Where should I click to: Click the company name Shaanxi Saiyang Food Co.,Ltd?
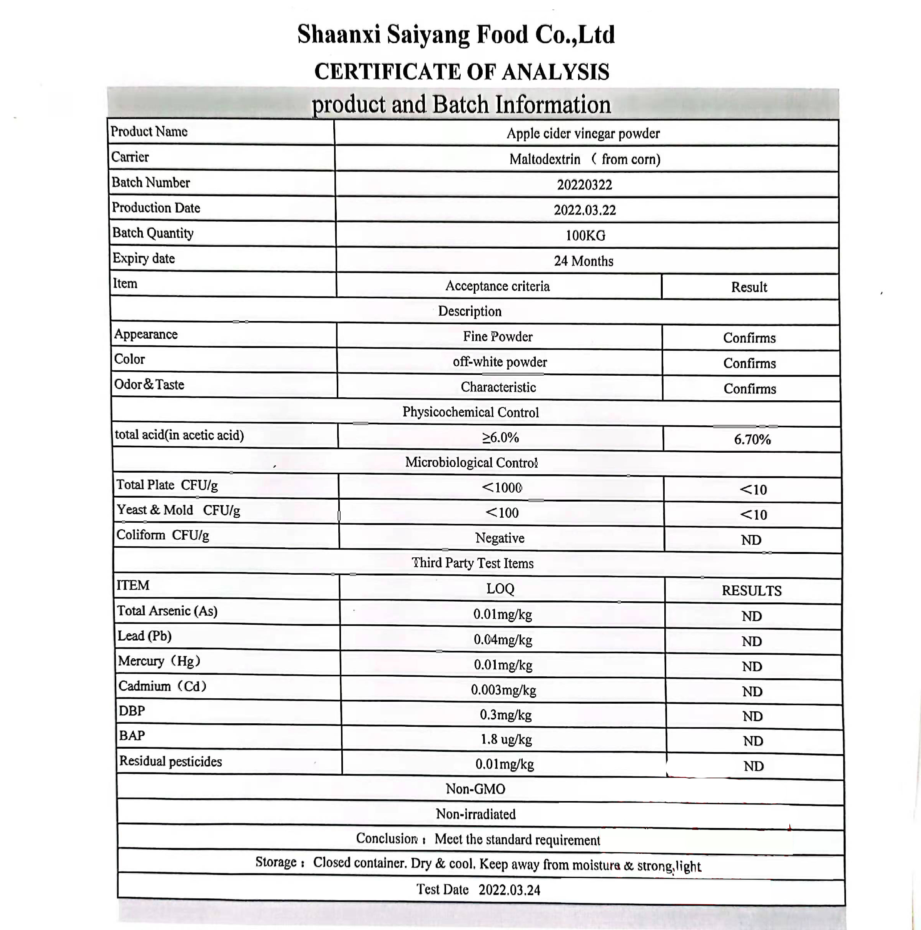pyautogui.click(x=456, y=35)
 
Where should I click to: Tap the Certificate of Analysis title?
pyautogui.click(x=461, y=72)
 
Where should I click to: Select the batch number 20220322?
pyautogui.click(x=584, y=185)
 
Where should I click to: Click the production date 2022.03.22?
pyautogui.click(x=584, y=210)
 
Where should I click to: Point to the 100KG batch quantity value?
pyautogui.click(x=585, y=236)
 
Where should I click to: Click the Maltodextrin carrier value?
pyautogui.click(x=584, y=159)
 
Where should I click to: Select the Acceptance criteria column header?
pyautogui.click(x=497, y=286)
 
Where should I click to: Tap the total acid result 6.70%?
pyautogui.click(x=752, y=439)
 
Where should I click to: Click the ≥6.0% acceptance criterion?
pyautogui.click(x=500, y=438)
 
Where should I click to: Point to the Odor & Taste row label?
pyautogui.click(x=149, y=385)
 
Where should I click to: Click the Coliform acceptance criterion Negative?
pyautogui.click(x=500, y=538)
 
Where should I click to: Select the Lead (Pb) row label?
pyautogui.click(x=144, y=636)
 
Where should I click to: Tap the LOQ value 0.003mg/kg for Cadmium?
pyautogui.click(x=503, y=690)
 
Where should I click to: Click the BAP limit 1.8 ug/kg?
pyautogui.click(x=506, y=739)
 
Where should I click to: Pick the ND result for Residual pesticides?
pyautogui.click(x=753, y=766)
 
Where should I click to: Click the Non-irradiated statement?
pyautogui.click(x=475, y=814)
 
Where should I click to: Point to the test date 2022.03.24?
pyautogui.click(x=509, y=890)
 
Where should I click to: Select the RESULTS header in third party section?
pyautogui.click(x=751, y=590)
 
